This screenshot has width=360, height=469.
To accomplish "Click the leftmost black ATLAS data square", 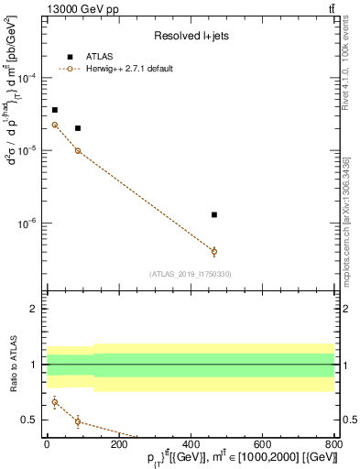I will pyautogui.click(x=55, y=110).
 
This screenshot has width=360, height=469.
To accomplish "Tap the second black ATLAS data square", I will pyautogui.click(x=78, y=128).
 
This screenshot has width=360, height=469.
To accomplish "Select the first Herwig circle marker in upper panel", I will pyautogui.click(x=55, y=125).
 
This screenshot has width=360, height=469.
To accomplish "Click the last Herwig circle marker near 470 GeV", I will pyautogui.click(x=214, y=251).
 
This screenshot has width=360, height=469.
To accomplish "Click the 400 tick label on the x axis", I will pyautogui.click(x=190, y=442).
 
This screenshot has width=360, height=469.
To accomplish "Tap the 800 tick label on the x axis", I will pyautogui.click(x=334, y=442).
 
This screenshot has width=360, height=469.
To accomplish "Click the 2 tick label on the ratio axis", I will pyautogui.click(x=34, y=309).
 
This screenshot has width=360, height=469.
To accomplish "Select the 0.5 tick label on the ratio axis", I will pyautogui.click(x=30, y=420).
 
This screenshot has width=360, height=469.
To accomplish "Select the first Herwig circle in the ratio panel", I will pyautogui.click(x=55, y=401).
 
